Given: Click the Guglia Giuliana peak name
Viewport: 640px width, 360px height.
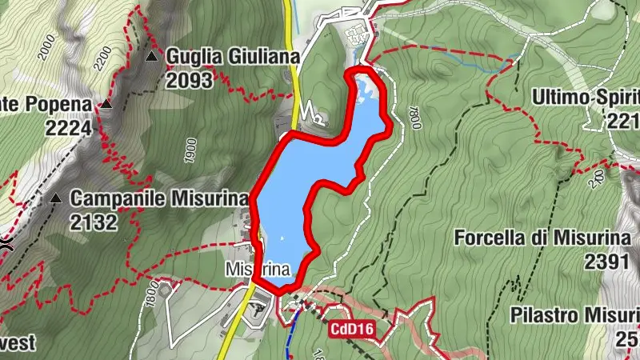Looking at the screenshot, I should (x=232, y=57).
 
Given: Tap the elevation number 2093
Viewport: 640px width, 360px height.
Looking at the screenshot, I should (x=190, y=80).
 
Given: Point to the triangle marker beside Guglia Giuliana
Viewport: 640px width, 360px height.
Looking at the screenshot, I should (x=152, y=57).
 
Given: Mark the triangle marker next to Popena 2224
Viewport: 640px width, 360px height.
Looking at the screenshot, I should (x=105, y=105).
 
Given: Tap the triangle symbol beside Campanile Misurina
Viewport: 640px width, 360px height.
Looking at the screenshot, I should (x=56, y=198).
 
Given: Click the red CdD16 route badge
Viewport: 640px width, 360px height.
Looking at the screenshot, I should (x=351, y=328).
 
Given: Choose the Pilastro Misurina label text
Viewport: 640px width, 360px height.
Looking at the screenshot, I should (x=574, y=314).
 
